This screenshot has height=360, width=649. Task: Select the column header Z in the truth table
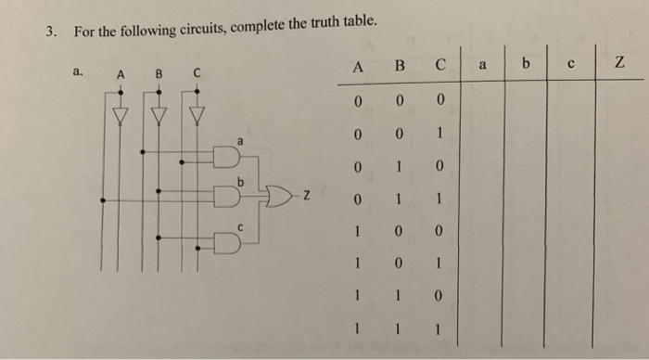[617, 64]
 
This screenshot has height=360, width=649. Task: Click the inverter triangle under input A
[118, 115]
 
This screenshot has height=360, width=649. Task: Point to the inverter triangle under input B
[158, 115]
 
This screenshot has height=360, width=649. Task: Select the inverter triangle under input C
[197, 115]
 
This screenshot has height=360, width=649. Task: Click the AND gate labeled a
[226, 157]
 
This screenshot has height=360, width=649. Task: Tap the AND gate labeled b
[226, 196]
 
